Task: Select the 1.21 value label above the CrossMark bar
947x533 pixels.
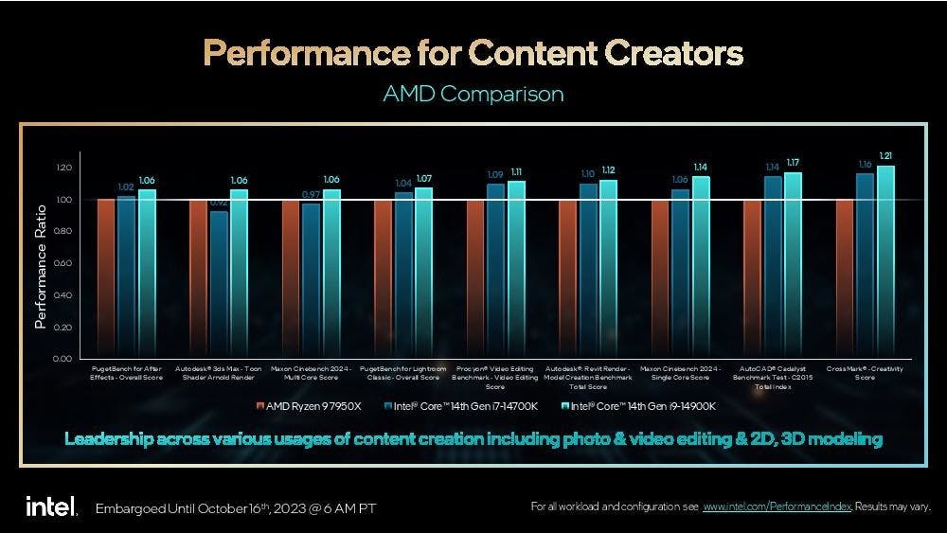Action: click(x=885, y=155)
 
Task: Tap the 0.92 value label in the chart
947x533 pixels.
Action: click(x=219, y=202)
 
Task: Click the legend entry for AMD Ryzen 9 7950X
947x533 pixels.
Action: click(x=309, y=406)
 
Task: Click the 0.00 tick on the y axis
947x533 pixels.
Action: click(x=62, y=359)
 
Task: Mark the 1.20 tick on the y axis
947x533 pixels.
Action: click(x=62, y=168)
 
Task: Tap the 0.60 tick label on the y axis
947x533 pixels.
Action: click(x=62, y=263)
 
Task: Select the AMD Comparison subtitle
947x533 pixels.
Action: click(x=473, y=95)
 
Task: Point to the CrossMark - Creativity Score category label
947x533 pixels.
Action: click(x=865, y=372)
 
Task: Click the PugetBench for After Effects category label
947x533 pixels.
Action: click(x=127, y=372)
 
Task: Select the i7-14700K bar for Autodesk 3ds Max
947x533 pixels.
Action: click(x=219, y=284)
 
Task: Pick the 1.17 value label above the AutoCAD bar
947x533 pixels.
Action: click(x=793, y=162)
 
